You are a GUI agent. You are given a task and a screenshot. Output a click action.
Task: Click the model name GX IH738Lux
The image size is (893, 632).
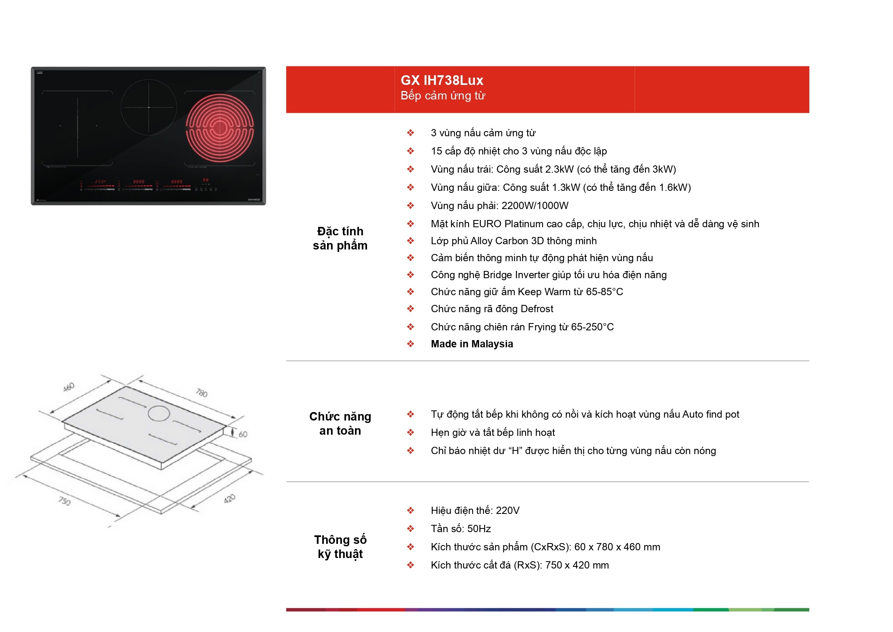(442, 80)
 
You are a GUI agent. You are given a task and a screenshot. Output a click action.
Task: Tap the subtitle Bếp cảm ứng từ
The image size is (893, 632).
(443, 96)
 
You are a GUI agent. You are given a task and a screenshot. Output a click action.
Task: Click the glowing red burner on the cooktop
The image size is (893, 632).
(220, 128)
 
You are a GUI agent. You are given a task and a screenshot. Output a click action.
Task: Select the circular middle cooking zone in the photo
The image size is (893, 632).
(149, 107)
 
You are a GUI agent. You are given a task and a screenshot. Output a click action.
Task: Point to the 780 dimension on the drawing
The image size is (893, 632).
(202, 393)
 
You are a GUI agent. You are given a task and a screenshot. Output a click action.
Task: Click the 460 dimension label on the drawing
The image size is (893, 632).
(69, 387)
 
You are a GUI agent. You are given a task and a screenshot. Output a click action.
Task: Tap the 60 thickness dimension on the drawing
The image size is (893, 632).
(243, 434)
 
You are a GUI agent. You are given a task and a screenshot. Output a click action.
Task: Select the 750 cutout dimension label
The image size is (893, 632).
(65, 501)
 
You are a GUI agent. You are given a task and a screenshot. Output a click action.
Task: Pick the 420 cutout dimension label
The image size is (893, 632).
(230, 499)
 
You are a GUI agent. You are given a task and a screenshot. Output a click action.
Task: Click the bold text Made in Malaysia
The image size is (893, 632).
(472, 344)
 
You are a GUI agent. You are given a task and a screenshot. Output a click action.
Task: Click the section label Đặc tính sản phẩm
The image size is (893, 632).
(340, 238)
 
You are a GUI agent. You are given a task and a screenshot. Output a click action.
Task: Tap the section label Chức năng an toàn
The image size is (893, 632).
(340, 423)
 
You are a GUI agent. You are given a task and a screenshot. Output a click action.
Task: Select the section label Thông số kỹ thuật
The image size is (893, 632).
(340, 547)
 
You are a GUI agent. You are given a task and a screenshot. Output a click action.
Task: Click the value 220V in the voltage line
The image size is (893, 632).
(508, 510)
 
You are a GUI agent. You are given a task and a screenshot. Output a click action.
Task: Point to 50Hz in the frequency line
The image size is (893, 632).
(479, 528)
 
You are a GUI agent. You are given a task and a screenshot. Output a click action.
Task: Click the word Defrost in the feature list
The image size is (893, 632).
(537, 309)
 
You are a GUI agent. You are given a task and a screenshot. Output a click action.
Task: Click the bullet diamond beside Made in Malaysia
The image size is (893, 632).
(410, 344)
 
